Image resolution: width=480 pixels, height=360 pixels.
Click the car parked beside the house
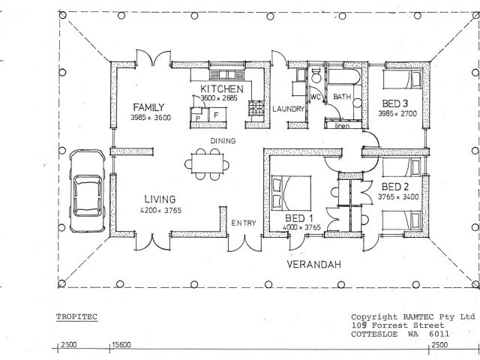[88, 191]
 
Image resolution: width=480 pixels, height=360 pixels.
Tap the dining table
[208, 163]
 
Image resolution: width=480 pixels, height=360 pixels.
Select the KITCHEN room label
[222, 88]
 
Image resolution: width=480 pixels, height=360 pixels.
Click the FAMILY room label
[148, 107]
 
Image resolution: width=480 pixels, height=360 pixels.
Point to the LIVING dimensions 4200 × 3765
[160, 210]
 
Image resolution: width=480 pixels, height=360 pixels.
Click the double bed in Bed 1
[291, 193]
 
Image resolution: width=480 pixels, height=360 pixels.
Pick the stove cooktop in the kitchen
[256, 108]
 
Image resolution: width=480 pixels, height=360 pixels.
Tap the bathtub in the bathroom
[344, 76]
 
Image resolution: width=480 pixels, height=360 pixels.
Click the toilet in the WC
[316, 75]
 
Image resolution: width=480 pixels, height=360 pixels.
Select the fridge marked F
[217, 115]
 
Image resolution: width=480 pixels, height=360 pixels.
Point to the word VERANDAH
[313, 264]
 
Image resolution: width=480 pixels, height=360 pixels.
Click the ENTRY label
[243, 223]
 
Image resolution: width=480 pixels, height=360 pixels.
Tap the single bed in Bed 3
[402, 79]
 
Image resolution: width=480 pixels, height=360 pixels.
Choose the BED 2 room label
[395, 187]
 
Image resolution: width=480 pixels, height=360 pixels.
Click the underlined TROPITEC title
[76, 316]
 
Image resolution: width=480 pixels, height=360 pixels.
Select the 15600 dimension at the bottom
[121, 345]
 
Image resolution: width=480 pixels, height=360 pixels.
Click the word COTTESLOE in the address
[374, 334]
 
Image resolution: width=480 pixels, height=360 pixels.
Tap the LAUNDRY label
[288, 109]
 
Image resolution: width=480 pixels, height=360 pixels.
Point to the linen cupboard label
[342, 126]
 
